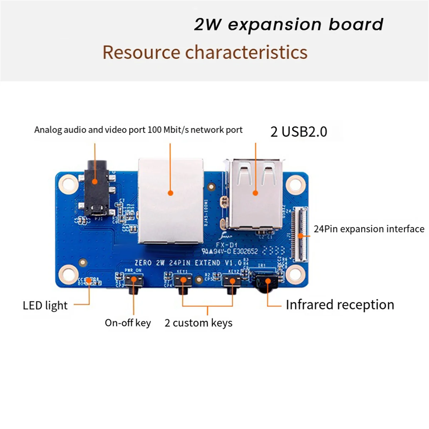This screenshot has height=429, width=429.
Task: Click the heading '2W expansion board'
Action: coord(288,25)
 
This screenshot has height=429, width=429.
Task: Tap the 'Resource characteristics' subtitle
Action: coord(205,52)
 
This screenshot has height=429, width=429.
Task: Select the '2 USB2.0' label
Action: coord(299,132)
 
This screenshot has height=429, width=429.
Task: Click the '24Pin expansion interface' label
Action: coord(369,229)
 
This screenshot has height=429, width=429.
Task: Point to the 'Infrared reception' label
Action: coord(340,305)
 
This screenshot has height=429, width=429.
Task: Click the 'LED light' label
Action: coord(45,306)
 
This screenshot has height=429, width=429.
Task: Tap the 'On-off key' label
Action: coord(128,323)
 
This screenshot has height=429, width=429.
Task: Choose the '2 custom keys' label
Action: coord(198,323)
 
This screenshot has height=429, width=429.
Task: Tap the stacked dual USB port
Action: coord(255,193)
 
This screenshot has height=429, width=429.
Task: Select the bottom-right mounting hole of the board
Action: coord(295,274)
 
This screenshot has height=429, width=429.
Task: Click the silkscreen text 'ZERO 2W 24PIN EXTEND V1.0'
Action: coord(188,263)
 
